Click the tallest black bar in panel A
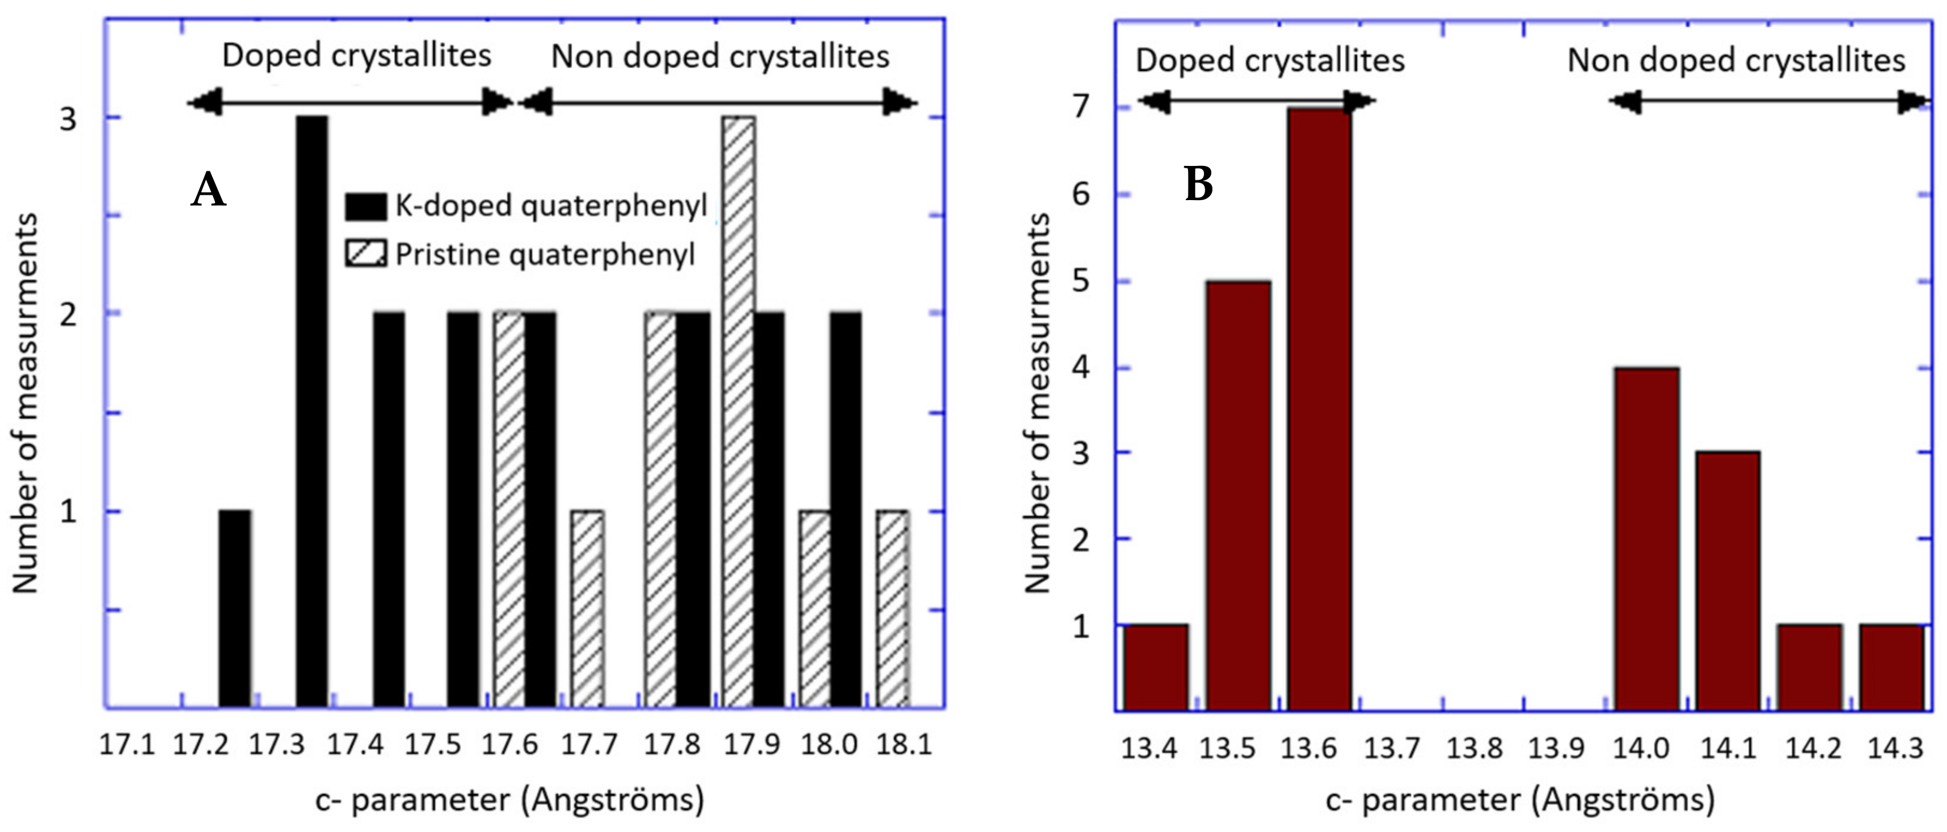311,412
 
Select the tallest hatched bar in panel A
738,412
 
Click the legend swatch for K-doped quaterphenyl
366,205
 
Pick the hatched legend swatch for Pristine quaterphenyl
366,253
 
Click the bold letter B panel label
1198,184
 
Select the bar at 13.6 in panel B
1319,409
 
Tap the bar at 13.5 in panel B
1238,495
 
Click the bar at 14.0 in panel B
1647,538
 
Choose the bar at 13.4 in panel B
1155,667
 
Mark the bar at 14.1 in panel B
1728,581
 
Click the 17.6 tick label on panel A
510,745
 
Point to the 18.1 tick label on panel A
904,745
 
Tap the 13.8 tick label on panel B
1474,749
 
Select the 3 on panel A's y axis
68,119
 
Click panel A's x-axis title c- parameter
510,800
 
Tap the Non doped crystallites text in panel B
1736,60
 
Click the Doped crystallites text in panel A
357,56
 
